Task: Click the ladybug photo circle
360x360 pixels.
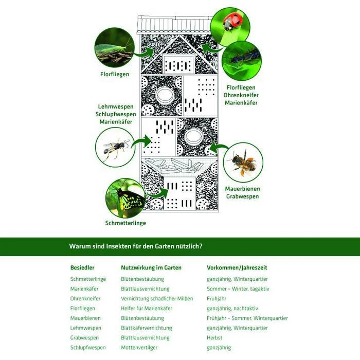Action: click(x=230, y=27)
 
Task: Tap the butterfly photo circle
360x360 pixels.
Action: click(x=125, y=199)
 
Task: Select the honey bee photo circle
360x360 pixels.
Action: click(x=243, y=163)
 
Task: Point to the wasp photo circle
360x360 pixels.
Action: click(x=115, y=147)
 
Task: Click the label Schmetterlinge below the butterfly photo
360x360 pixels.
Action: click(x=125, y=223)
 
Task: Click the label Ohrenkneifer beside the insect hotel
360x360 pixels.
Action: click(x=241, y=95)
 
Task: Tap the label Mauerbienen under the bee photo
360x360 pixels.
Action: click(x=242, y=189)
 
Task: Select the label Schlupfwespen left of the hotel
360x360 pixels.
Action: click(x=116, y=114)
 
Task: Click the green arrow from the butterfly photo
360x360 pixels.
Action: click(x=159, y=193)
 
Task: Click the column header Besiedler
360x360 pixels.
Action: click(x=82, y=268)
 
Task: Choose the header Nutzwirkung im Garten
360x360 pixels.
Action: click(x=151, y=268)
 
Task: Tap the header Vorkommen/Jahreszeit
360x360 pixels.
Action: click(x=237, y=268)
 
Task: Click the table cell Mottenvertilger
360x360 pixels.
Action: click(x=139, y=348)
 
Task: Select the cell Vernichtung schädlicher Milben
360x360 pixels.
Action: click(x=157, y=299)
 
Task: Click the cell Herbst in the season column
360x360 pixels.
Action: click(x=214, y=338)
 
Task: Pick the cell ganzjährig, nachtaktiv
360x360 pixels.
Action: click(x=232, y=309)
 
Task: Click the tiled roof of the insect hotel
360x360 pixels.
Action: click(x=174, y=25)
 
